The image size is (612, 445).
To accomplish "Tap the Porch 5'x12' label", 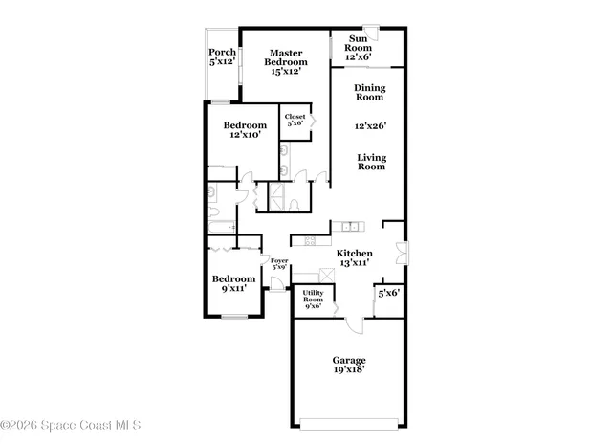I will tap(223, 56).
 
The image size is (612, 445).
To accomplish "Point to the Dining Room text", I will tap(370, 92).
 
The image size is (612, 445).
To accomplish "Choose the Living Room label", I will tap(372, 162).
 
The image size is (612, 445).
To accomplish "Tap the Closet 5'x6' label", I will tap(295, 120).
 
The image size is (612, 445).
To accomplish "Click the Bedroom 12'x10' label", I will tap(246, 130).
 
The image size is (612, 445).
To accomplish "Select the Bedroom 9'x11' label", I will tap(233, 284).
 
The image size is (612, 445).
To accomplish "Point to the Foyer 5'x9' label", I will tap(279, 264).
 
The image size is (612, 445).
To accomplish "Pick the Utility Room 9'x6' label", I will tap(313, 300).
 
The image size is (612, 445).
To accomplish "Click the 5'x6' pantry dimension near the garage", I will tap(388, 293).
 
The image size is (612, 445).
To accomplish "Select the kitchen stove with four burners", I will tap(311, 240).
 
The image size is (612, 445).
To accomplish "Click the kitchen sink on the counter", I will tap(351, 227).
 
